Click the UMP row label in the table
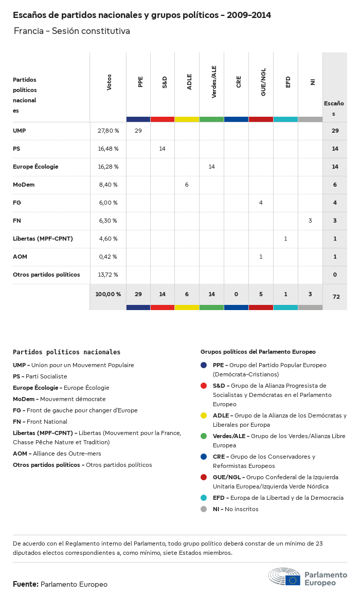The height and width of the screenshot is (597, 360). click(x=20, y=131)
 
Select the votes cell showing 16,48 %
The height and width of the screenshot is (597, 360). click(x=108, y=149)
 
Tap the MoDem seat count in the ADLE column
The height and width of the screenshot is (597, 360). click(x=187, y=185)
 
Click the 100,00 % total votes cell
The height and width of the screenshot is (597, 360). click(x=108, y=294)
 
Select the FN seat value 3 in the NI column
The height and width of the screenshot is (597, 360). click(x=310, y=221)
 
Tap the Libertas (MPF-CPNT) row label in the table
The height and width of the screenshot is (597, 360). click(x=43, y=239)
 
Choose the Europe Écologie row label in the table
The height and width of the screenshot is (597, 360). click(x=35, y=167)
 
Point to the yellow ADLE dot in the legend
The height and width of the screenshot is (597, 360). click(x=204, y=415)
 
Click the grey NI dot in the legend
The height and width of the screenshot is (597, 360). click(x=204, y=509)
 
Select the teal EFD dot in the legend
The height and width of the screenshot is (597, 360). click(x=204, y=498)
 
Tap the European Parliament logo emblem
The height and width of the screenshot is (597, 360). click(x=284, y=577)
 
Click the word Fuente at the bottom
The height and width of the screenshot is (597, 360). click(x=25, y=584)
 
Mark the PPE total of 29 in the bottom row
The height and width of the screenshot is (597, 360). click(x=138, y=294)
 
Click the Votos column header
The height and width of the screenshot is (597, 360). click(x=109, y=82)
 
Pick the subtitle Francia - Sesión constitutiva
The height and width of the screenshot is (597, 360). click(x=72, y=31)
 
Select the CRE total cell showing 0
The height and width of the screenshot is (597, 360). click(x=236, y=294)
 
